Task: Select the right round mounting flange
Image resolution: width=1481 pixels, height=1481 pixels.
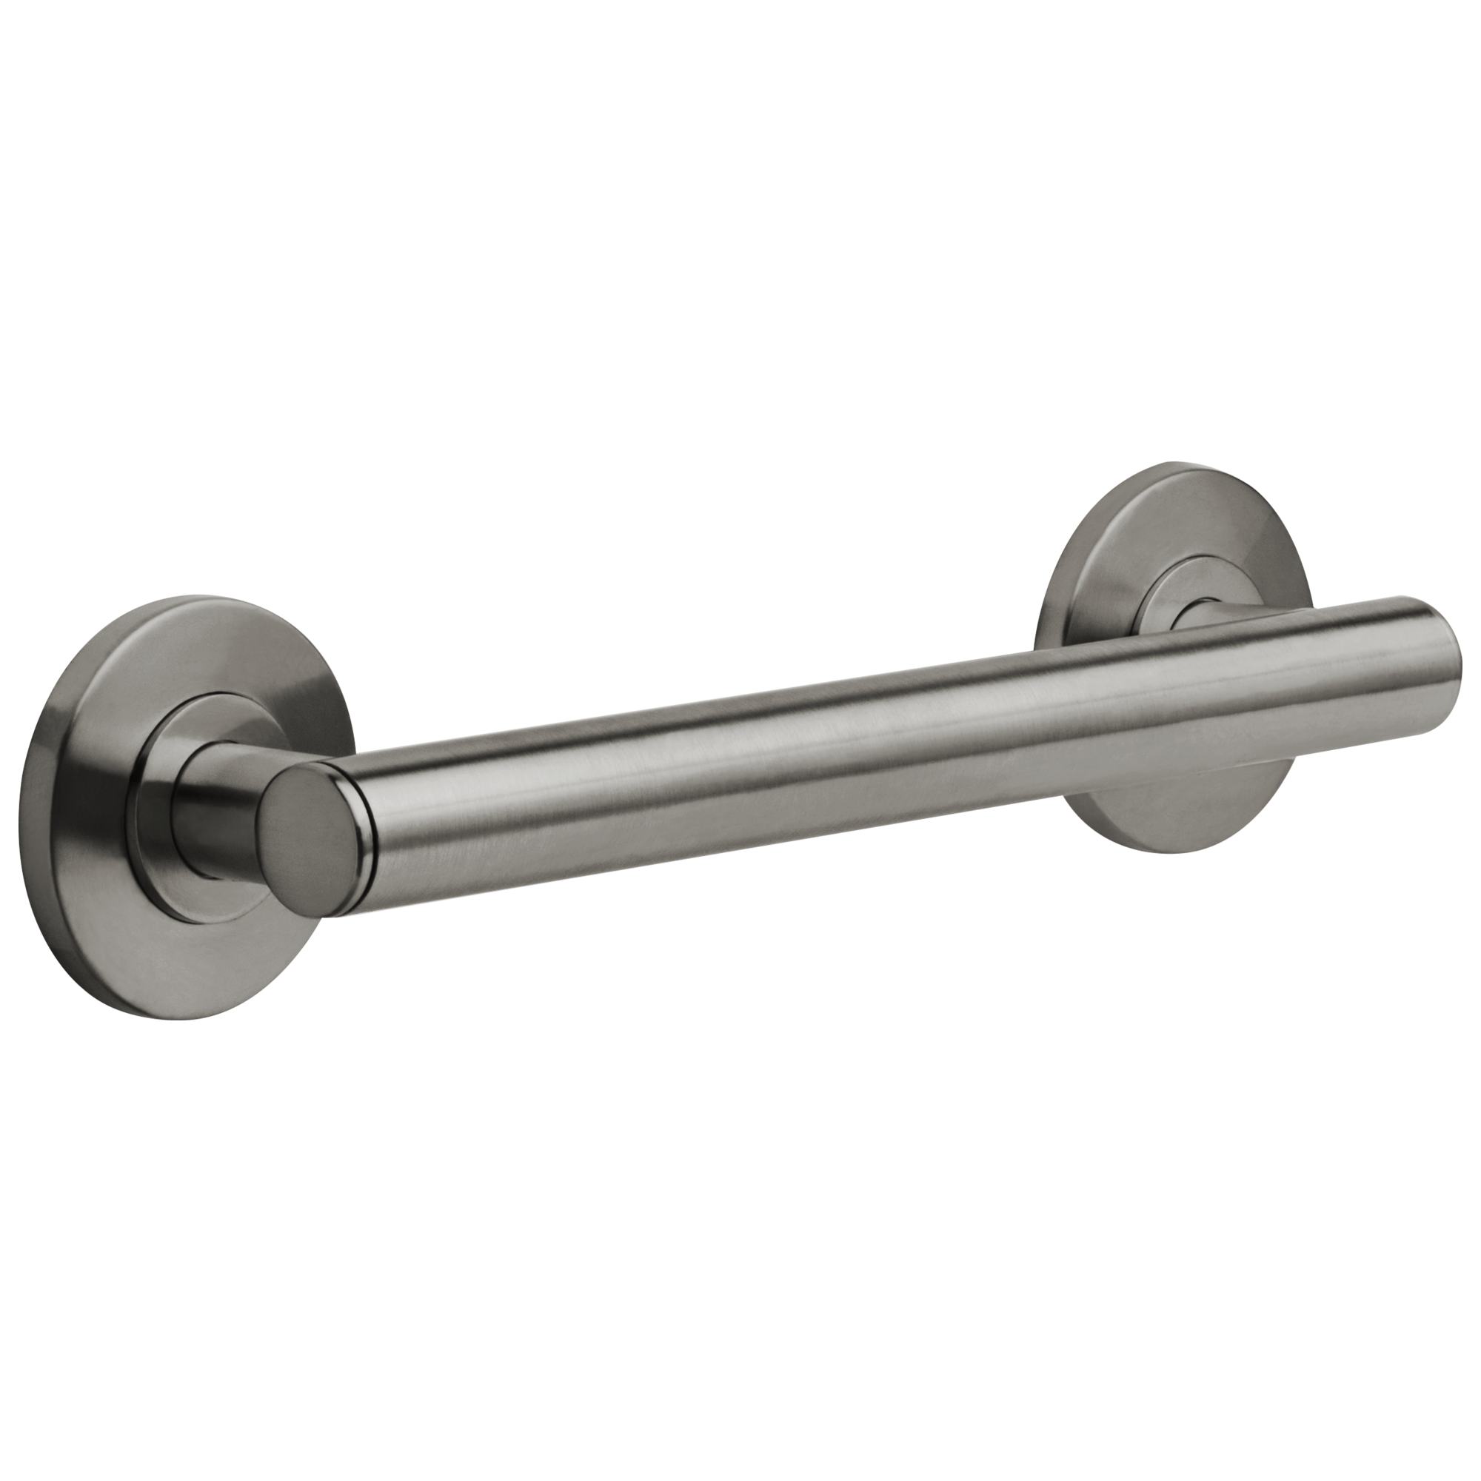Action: coord(1196,805)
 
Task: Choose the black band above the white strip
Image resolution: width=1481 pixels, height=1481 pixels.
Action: coord(740,230)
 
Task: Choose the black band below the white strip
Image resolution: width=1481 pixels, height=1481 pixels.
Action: coord(740,1249)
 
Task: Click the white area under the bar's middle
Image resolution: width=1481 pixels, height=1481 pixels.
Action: coord(766,920)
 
